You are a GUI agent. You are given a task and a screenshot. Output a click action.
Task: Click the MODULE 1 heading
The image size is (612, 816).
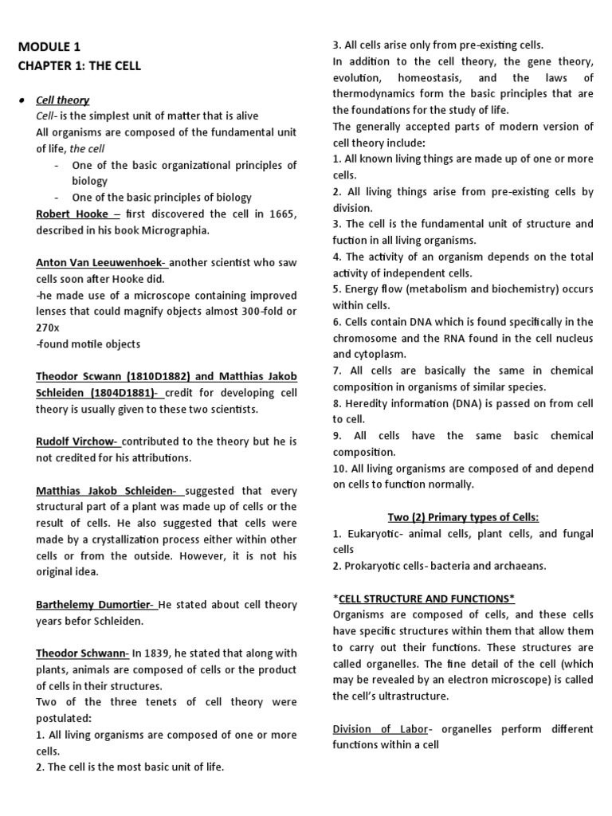(x=49, y=47)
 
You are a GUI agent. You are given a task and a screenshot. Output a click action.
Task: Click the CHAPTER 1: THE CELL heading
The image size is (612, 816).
(x=80, y=65)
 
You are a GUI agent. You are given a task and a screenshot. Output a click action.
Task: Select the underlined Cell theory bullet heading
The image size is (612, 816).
(x=63, y=100)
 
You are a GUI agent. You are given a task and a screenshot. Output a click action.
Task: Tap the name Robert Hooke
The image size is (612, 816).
(x=73, y=214)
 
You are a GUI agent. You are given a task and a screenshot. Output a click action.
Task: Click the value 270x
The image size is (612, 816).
(x=48, y=328)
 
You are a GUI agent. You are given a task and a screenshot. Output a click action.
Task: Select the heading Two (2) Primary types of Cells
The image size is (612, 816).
(x=463, y=517)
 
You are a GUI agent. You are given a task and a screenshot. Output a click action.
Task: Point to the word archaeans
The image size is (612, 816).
(x=517, y=566)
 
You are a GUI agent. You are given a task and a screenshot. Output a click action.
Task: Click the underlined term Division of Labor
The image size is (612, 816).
(x=380, y=728)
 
